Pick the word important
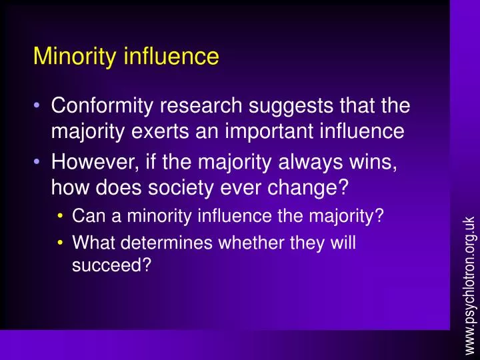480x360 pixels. click(x=257, y=132)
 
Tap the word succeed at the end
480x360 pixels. click(x=110, y=265)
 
